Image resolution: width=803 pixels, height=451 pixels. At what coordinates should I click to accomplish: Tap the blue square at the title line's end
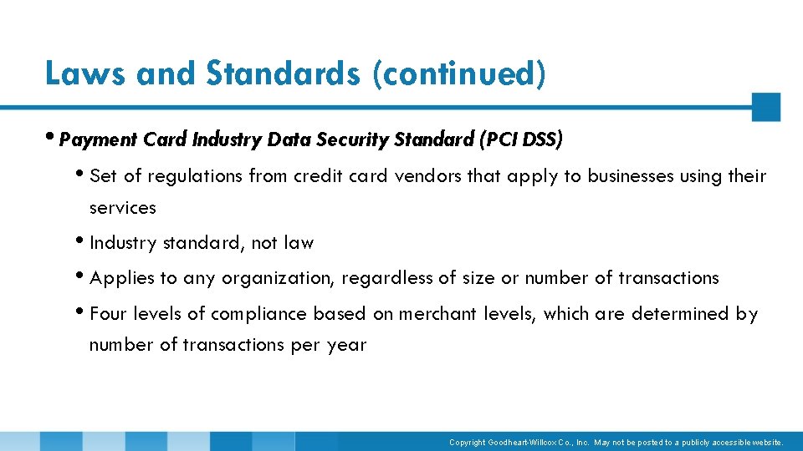click(765, 107)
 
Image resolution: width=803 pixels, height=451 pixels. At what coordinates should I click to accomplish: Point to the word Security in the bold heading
click(352, 139)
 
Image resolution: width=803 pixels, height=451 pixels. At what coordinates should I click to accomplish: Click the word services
click(122, 207)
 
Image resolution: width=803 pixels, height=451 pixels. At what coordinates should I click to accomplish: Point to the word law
click(299, 243)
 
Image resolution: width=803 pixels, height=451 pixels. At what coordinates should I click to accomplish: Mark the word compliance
click(258, 314)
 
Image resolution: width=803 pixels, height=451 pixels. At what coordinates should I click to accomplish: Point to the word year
click(346, 345)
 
